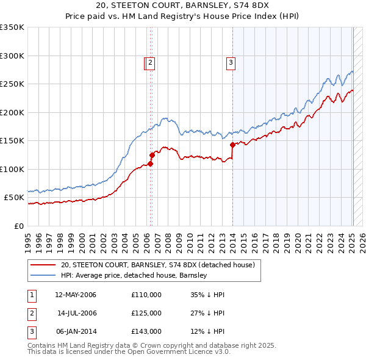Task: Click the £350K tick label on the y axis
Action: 12,27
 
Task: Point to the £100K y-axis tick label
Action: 12,169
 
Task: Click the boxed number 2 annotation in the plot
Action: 149,62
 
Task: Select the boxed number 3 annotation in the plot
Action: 231,62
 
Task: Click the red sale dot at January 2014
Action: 232,145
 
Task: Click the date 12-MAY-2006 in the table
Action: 76,295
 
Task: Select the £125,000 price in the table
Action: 146,313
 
